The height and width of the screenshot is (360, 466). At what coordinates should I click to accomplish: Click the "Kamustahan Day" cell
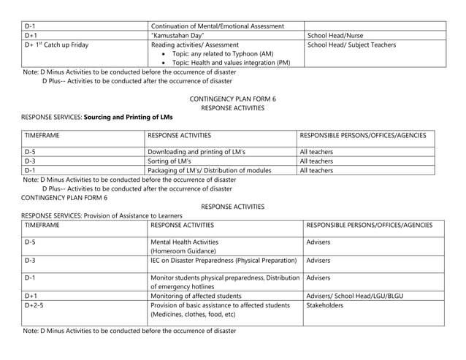tap(182, 35)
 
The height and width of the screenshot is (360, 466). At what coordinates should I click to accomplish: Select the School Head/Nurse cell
tap(335, 35)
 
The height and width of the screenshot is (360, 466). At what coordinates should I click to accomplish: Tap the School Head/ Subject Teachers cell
tap(351, 45)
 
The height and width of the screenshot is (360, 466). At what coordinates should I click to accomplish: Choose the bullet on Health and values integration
tap(231, 63)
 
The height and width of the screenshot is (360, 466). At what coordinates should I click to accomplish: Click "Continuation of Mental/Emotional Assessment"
tap(216, 26)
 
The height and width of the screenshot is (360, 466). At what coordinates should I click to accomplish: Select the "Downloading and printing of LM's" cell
tap(196, 152)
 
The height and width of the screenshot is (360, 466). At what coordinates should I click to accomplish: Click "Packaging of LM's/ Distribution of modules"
tap(209, 170)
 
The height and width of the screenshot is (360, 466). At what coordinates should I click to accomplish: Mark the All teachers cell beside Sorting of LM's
tap(317, 161)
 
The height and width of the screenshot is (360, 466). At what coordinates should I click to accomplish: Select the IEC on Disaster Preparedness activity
tap(223, 260)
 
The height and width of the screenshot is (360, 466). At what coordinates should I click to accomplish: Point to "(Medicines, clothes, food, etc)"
tap(193, 315)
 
